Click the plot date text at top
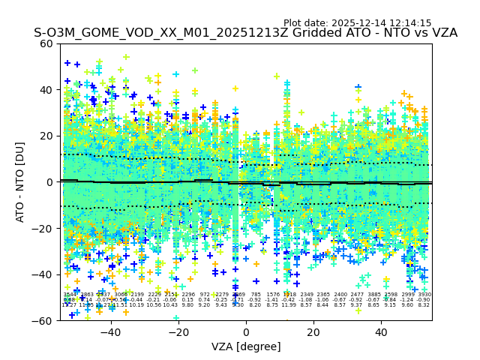click(x=357, y=23)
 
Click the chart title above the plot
click(x=245, y=34)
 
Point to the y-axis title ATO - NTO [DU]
click(x=20, y=181)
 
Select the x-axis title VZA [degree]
click(x=246, y=346)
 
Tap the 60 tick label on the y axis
click(x=46, y=43)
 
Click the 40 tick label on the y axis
click(x=46, y=90)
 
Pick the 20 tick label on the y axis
click(x=46, y=136)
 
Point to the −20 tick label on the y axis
click(x=43, y=228)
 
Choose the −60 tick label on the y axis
click(x=43, y=320)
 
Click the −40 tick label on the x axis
click(x=110, y=331)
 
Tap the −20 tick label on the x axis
click(x=178, y=331)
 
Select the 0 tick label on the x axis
click(x=246, y=331)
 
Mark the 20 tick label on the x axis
click(x=313, y=331)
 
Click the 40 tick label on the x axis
click(x=381, y=331)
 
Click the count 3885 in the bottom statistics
click(x=374, y=295)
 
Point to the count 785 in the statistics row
click(x=256, y=295)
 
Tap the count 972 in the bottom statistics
click(x=205, y=295)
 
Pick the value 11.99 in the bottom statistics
click(x=289, y=305)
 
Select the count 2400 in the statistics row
click(x=340, y=295)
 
